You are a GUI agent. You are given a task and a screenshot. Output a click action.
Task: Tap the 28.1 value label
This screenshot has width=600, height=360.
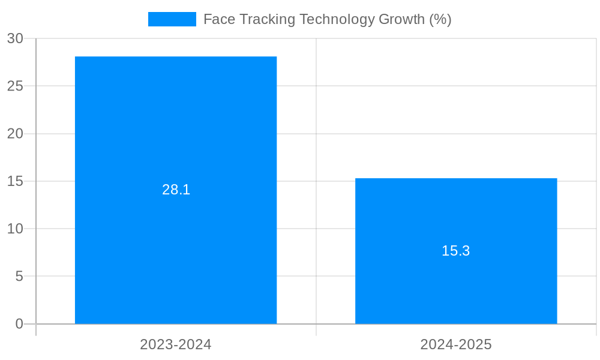pos(176,190)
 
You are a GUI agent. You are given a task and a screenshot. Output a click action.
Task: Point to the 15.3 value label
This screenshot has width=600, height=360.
pos(456,251)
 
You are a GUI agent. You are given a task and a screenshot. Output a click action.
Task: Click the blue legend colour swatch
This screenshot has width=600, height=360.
pos(172,19)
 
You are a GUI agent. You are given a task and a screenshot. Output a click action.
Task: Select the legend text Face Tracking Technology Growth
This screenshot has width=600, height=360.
pos(327,19)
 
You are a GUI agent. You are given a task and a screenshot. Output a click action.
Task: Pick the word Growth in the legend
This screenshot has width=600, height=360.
pos(402,19)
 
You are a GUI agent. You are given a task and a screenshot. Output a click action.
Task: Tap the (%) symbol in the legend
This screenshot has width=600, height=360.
pos(440,19)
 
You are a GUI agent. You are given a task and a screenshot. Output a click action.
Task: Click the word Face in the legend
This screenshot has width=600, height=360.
pos(219,19)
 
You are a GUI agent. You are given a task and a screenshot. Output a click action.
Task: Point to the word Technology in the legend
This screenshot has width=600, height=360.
pos(337,19)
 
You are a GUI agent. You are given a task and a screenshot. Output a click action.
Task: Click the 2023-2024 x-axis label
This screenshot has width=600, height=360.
pos(176,344)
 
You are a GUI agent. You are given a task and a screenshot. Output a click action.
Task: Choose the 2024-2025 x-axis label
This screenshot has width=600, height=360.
pos(456,344)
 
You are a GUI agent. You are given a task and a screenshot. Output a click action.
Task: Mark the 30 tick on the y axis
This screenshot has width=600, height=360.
pos(15,38)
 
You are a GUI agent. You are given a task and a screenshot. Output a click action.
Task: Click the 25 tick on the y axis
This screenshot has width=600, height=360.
pos(15,86)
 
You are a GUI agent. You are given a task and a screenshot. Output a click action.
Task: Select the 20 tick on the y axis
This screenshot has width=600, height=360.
pos(15,134)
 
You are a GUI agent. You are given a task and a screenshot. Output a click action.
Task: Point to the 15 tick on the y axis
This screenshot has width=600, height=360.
pos(15,181)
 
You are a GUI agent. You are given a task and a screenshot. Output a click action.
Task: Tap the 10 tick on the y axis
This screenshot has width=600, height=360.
pos(15,229)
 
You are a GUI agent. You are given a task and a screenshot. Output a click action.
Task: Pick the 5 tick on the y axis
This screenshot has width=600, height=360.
pos(19,277)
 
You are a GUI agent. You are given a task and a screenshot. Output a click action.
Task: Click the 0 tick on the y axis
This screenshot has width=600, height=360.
pos(19,324)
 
